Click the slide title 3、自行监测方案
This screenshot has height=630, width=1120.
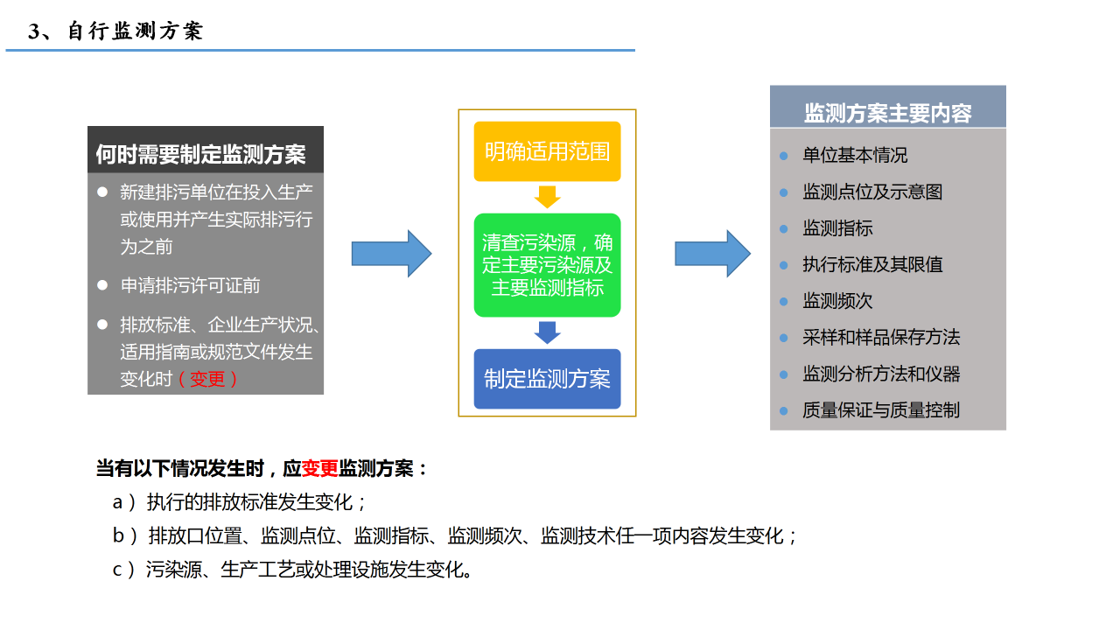[115, 31]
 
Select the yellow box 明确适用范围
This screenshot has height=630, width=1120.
[547, 151]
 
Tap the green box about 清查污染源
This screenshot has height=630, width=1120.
[547, 264]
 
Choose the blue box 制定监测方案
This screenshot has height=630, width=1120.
[547, 379]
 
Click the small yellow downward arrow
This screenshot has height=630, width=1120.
[547, 197]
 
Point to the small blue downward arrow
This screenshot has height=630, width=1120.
[547, 332]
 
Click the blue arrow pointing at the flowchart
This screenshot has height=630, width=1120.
[391, 254]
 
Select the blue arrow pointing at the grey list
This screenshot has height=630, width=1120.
[712, 254]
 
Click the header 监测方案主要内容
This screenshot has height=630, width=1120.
[887, 113]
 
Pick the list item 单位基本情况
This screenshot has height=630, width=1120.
[855, 155]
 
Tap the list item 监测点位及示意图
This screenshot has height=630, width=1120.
[872, 192]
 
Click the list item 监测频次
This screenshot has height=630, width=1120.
[837, 301]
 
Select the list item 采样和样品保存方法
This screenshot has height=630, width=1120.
[881, 337]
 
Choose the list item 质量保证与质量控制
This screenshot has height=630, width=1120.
[881, 409]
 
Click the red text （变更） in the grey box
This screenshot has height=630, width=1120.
[207, 379]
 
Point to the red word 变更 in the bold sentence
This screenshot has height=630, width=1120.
[319, 468]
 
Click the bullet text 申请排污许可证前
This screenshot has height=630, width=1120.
[190, 285]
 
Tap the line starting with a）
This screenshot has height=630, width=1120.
[240, 502]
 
